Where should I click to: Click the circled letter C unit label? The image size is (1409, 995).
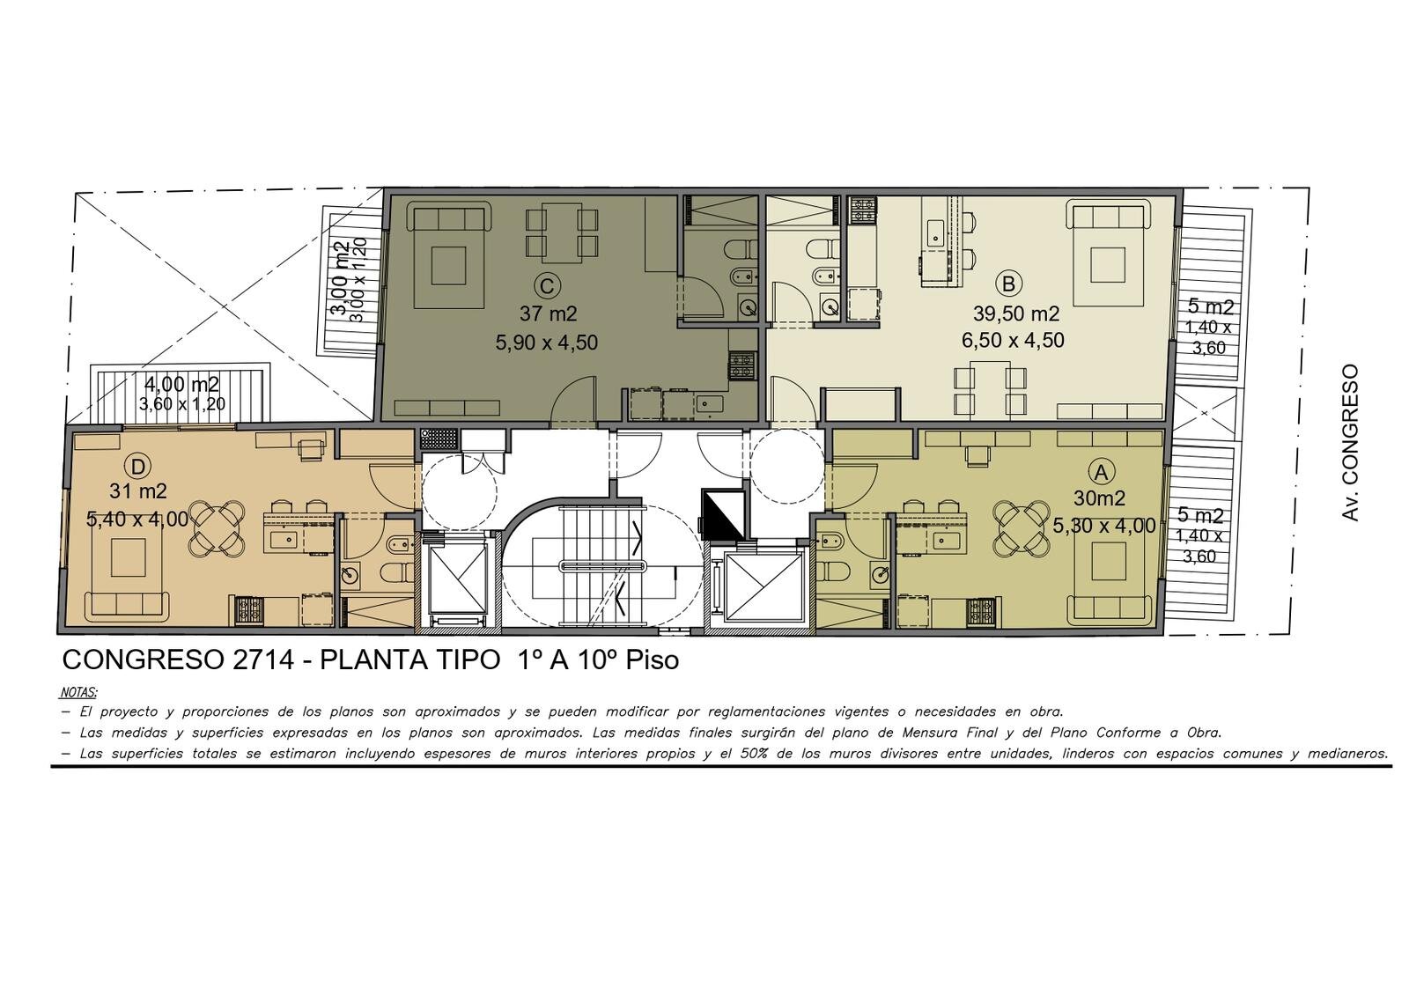tap(546, 287)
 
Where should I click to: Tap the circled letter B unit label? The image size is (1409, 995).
tap(1008, 284)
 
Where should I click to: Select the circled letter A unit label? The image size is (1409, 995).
tap(1100, 472)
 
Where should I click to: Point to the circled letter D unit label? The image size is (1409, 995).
tap(138, 467)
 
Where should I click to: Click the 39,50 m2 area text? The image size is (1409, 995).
tap(1016, 313)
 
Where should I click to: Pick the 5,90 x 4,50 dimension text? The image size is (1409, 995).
tap(547, 343)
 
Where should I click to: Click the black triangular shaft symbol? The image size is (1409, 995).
tap(722, 515)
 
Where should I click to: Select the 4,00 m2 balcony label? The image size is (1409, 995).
tap(181, 384)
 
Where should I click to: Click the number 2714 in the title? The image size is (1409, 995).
tap(263, 660)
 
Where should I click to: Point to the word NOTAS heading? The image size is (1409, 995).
tap(78, 692)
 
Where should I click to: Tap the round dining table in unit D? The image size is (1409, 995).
tap(218, 528)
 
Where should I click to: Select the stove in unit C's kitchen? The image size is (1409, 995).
tap(742, 366)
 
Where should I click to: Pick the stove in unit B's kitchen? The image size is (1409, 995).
tap(862, 210)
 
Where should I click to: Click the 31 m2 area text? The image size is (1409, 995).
tap(137, 490)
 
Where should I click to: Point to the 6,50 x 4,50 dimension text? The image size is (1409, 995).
tap(1013, 340)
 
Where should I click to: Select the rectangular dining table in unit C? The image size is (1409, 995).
tap(561, 232)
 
